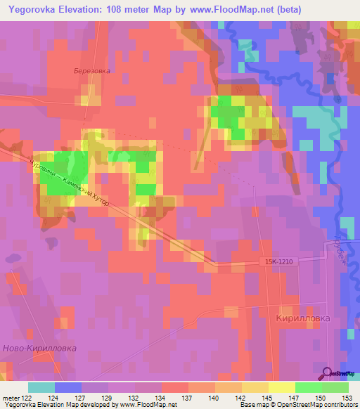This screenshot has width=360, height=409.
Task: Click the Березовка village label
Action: coord(93,70)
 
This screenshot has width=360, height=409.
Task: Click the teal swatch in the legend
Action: coord(41,387)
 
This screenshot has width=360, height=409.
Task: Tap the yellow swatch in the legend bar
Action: coord(281,387)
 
